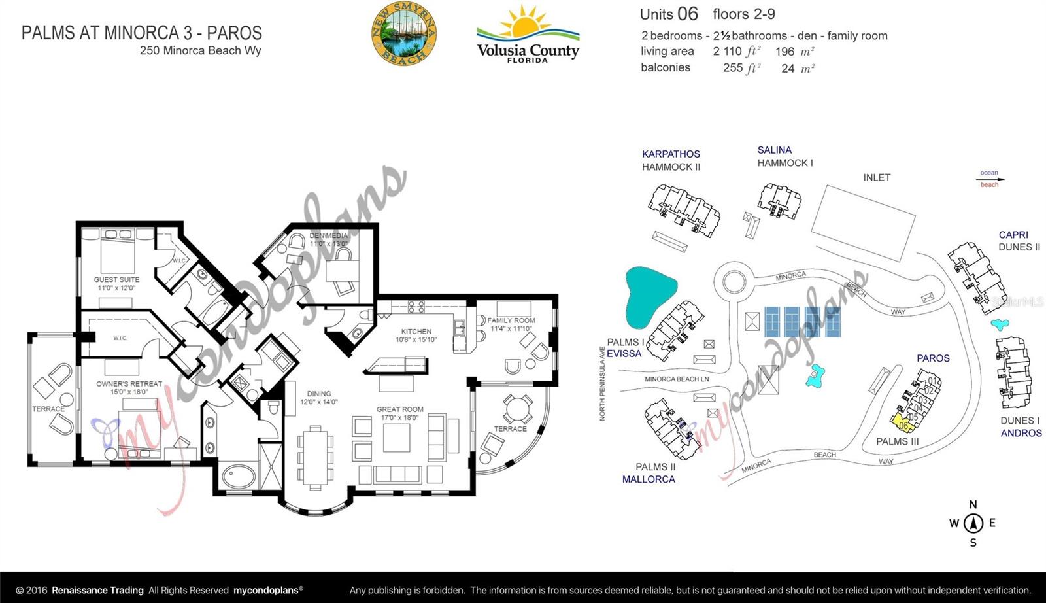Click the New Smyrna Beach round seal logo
403,34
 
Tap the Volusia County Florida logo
528,36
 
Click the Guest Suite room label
116,283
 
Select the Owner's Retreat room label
129,387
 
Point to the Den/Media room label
329,239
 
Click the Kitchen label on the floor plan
416,335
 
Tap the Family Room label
511,324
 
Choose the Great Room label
399,413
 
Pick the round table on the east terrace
518,409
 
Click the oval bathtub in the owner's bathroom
239,475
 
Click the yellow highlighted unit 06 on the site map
902,424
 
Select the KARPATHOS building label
671,154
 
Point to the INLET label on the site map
877,177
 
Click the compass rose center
973,523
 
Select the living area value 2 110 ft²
736,52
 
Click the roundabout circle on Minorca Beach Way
732,283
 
